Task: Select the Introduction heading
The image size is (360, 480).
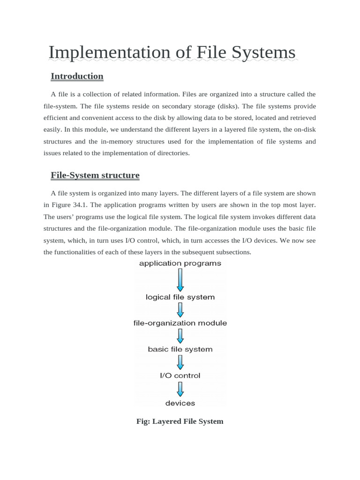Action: point(77,76)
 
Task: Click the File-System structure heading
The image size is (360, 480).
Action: point(95,175)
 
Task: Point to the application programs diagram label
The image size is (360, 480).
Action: point(180,263)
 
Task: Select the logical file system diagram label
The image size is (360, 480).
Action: point(180,297)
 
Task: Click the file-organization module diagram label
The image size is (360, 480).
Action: point(180,323)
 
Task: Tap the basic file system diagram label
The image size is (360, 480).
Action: point(180,349)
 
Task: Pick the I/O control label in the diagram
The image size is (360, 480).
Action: point(180,375)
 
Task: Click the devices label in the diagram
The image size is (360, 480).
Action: point(180,403)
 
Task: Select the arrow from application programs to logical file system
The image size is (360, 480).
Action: point(180,280)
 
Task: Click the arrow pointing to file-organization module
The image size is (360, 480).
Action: point(180,310)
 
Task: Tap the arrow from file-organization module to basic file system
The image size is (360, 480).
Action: point(180,336)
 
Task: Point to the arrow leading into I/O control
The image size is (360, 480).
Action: point(180,362)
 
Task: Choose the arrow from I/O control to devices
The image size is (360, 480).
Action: point(180,389)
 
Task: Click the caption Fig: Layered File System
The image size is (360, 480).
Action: point(180,421)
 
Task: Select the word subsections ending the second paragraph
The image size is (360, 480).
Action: point(234,252)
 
